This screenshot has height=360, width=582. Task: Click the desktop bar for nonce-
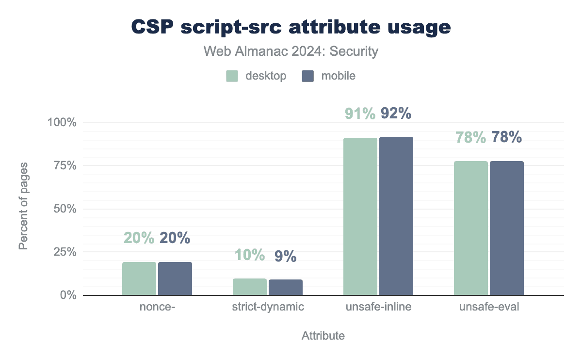139,278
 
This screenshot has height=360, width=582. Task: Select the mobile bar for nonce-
175,278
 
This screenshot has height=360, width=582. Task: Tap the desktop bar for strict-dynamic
250,287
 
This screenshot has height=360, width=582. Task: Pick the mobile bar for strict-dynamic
286,287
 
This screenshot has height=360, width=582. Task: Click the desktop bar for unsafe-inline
360,216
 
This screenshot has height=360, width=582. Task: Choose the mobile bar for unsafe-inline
396,216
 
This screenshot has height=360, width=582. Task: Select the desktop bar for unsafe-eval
471,228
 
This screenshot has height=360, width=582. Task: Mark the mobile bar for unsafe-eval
507,228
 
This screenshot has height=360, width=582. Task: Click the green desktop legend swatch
232,76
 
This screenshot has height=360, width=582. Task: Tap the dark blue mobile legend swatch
308,76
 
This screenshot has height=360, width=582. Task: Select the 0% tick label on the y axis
68,295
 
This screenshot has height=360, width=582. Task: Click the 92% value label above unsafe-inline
396,113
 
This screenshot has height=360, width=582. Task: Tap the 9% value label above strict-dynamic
286,256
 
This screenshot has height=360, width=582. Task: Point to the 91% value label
360,113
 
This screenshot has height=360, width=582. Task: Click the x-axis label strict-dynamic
268,307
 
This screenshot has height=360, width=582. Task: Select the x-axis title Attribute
323,336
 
